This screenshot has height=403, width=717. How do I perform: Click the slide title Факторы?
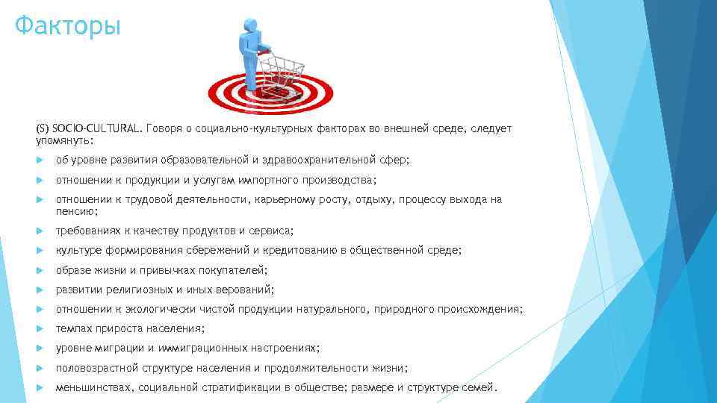point(67,27)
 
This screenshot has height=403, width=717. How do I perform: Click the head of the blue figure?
point(249,26)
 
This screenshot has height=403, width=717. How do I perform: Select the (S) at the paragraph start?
point(43,129)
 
